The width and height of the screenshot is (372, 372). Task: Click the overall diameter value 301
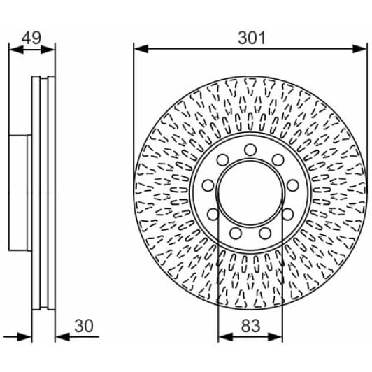click(x=251, y=38)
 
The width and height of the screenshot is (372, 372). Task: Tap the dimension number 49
click(x=31, y=38)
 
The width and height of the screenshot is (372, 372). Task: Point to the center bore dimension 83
click(x=250, y=326)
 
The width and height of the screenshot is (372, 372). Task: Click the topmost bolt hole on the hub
click(x=250, y=150)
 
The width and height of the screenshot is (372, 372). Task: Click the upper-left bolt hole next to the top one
click(x=223, y=160)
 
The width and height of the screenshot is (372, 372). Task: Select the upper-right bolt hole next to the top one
click(x=278, y=160)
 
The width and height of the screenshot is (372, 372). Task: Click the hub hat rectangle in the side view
click(x=20, y=192)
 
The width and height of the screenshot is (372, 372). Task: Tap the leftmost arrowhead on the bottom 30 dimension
click(x=27, y=337)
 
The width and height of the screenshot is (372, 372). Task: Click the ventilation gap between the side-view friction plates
click(x=44, y=192)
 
